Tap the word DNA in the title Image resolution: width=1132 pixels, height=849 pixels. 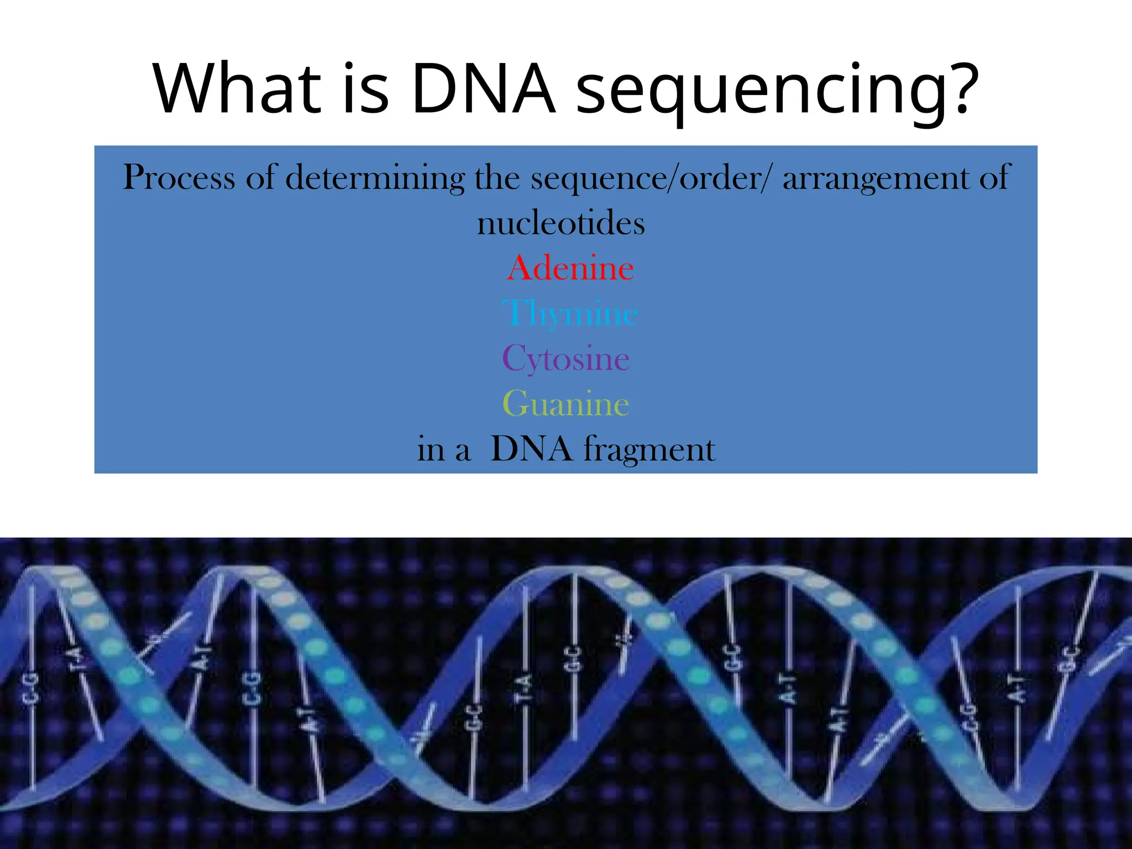pyautogui.click(x=483, y=88)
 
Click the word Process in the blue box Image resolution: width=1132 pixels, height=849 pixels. pyautogui.click(x=179, y=178)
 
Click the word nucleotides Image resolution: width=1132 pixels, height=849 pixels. pyautogui.click(x=560, y=224)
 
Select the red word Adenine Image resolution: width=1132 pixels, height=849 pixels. pyautogui.click(x=569, y=269)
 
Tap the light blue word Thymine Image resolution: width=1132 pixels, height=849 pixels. pyautogui.click(x=569, y=314)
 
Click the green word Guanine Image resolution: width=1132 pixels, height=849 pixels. pyautogui.click(x=565, y=404)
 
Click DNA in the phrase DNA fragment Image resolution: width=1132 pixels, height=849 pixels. pyautogui.click(x=531, y=449)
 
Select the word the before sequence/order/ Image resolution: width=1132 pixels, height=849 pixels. pyautogui.click(x=497, y=178)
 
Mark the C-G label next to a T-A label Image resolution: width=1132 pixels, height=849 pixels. pyautogui.click(x=31, y=689)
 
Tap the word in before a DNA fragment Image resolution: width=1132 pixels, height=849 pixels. pyautogui.click(x=431, y=449)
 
